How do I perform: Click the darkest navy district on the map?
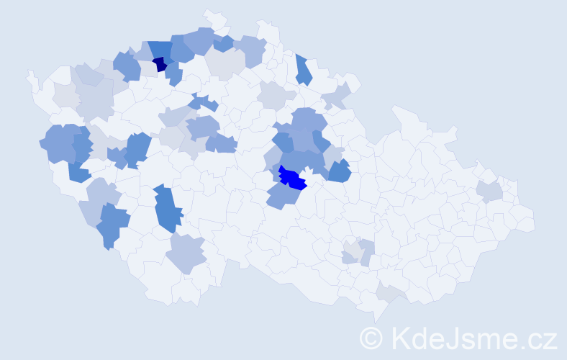click(160, 64)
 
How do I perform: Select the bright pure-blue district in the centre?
click(293, 178)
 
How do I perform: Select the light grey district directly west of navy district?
click(148, 68)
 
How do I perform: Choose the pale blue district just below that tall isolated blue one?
click(186, 253)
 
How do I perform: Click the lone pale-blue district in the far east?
click(489, 191)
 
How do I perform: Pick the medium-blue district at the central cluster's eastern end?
click(339, 171)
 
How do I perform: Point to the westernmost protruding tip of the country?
click(30, 74)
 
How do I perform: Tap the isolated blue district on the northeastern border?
click(303, 69)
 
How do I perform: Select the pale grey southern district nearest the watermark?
click(388, 291)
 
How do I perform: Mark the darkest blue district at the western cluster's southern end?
click(78, 171)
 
